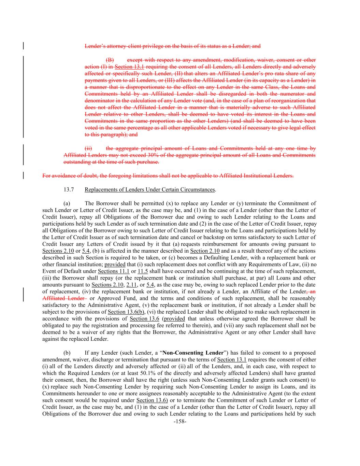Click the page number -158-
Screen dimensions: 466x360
180,422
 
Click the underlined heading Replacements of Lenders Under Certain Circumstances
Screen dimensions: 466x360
150,189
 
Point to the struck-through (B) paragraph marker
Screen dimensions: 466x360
110,60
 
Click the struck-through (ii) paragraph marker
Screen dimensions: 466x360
88,149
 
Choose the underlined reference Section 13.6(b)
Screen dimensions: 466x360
126,312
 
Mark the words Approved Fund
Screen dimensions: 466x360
111,298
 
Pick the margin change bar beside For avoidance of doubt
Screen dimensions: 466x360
23,176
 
